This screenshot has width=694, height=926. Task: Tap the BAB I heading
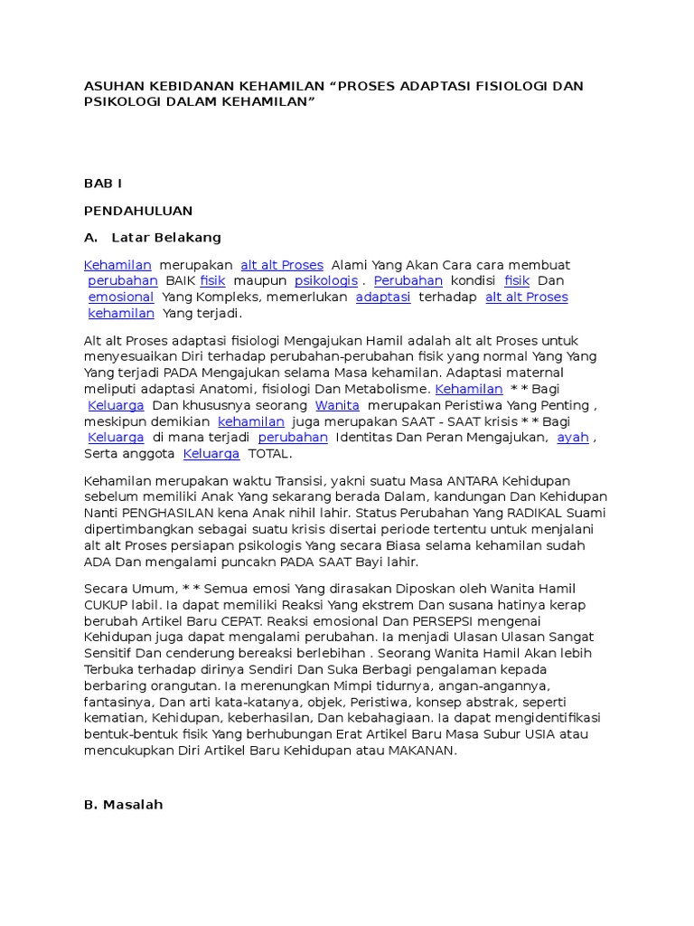click(x=102, y=184)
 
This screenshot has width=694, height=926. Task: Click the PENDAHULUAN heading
click(x=138, y=211)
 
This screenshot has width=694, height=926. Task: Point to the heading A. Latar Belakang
click(x=153, y=238)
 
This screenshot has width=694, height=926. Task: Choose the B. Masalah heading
click(x=124, y=804)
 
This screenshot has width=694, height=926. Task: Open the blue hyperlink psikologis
click(x=326, y=281)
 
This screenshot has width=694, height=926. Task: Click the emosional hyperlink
click(x=121, y=298)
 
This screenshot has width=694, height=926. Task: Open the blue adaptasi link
click(x=383, y=298)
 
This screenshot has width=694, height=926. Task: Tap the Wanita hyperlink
click(x=337, y=405)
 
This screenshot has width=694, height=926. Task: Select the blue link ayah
click(x=573, y=438)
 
